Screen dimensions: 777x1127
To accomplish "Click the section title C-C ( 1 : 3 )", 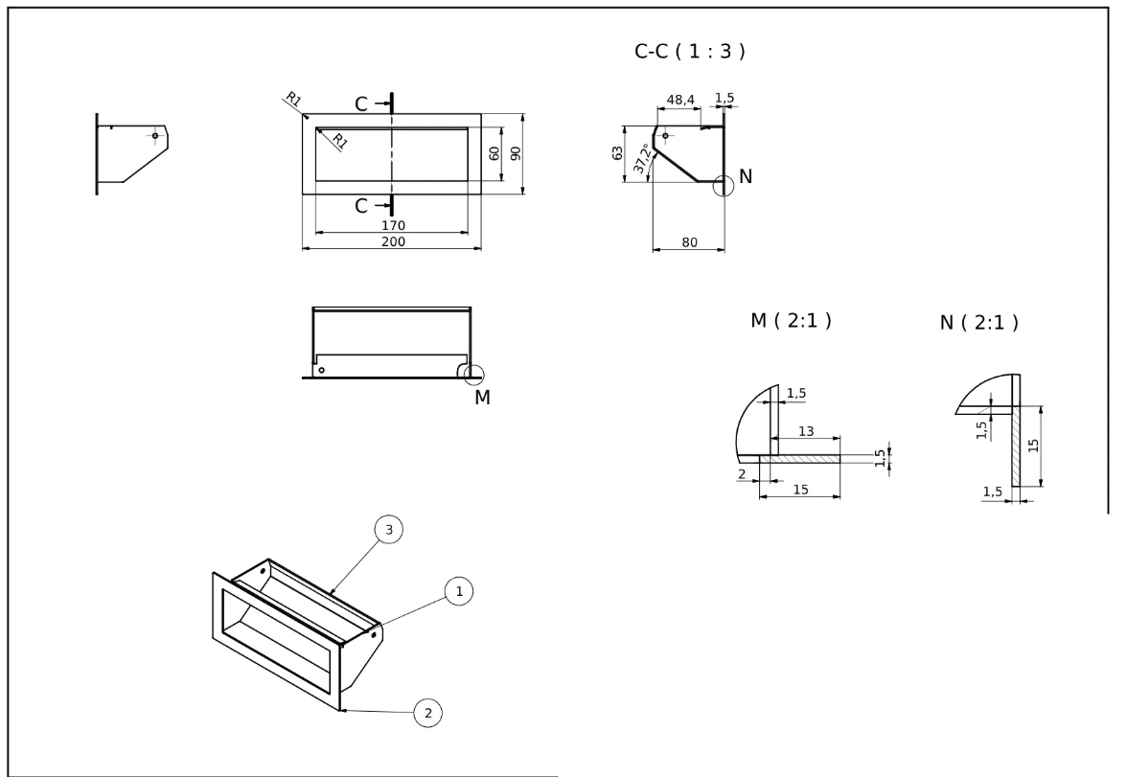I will coord(689,53).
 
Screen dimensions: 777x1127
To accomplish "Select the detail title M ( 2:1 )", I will coord(791,321).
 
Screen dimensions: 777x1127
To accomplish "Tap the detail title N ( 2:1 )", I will coord(978,323).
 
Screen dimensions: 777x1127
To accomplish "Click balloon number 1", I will coord(459,592).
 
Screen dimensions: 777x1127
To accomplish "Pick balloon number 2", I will coord(427,712).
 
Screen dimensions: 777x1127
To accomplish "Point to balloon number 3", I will coord(388,530).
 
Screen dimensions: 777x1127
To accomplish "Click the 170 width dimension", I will coord(393,226).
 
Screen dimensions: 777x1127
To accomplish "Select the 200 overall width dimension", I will coord(393,242).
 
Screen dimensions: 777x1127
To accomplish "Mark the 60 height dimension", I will coord(494,153).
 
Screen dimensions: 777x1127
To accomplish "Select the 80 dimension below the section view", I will coord(689,243).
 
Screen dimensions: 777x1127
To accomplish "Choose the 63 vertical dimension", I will coord(616,153).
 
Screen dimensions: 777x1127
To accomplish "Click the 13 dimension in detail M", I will coord(806,432).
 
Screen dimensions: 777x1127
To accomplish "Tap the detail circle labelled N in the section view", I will coord(724,186).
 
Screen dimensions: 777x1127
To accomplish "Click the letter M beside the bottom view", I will coord(482,398).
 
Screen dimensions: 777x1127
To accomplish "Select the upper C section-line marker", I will coord(361,103).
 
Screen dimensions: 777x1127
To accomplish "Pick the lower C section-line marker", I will coord(361,205).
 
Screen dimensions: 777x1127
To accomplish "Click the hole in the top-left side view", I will coord(154,135).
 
